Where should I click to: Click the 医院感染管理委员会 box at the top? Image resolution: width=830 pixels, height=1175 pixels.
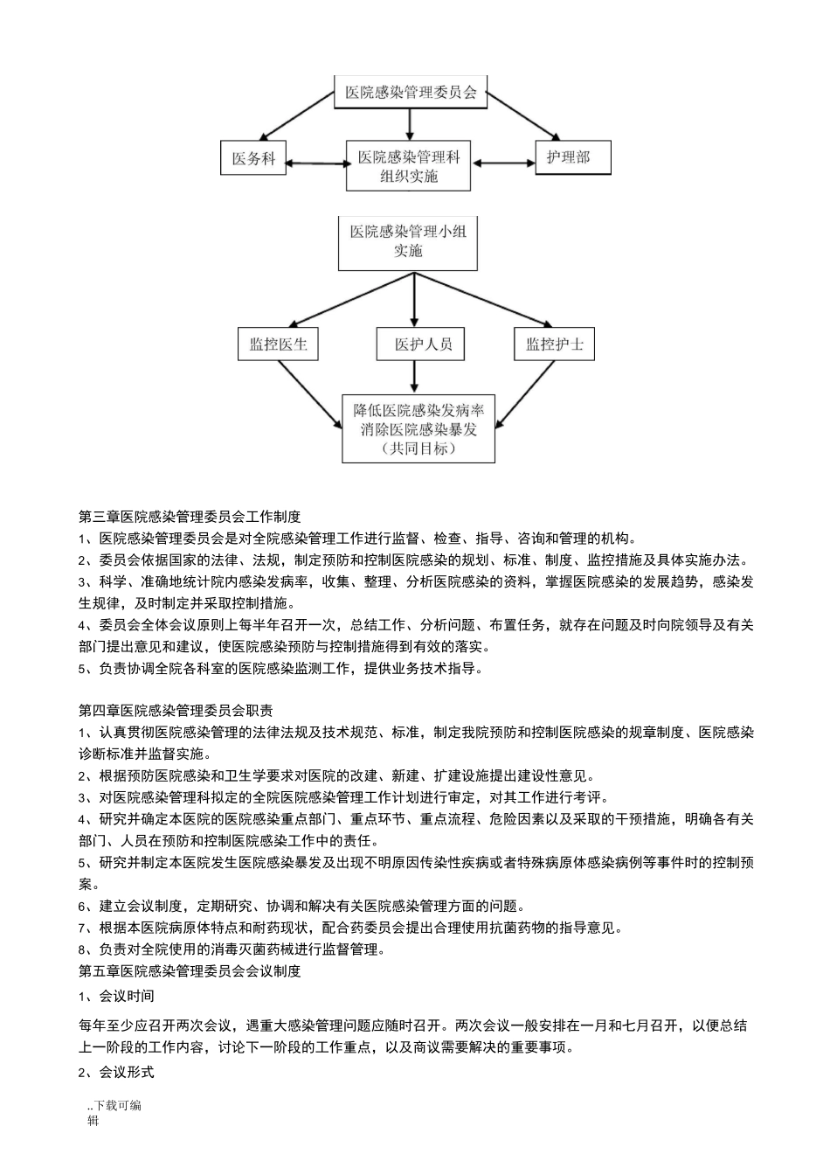click(410, 92)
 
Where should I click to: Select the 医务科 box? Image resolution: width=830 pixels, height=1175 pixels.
click(253, 158)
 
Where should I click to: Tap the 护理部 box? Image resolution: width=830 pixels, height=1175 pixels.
click(572, 157)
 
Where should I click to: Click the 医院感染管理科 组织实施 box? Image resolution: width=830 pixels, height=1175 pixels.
click(409, 166)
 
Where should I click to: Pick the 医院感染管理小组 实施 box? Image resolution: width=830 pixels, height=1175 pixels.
click(408, 241)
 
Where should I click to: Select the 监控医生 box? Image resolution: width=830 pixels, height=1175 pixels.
click(278, 344)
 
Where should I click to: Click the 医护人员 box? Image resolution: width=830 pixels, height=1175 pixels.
click(424, 344)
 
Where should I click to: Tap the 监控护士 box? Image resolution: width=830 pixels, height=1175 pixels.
click(554, 344)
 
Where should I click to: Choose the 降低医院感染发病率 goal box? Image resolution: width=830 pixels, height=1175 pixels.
click(418, 428)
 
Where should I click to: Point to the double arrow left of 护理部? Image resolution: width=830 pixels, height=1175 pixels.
click(502, 163)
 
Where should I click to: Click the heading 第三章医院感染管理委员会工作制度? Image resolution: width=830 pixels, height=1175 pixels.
click(190, 517)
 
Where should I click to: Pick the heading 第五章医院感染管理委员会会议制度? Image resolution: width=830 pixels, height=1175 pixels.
click(190, 970)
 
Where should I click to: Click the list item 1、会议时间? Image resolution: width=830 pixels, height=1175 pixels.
click(116, 996)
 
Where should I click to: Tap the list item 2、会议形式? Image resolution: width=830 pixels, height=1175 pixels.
click(116, 1072)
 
